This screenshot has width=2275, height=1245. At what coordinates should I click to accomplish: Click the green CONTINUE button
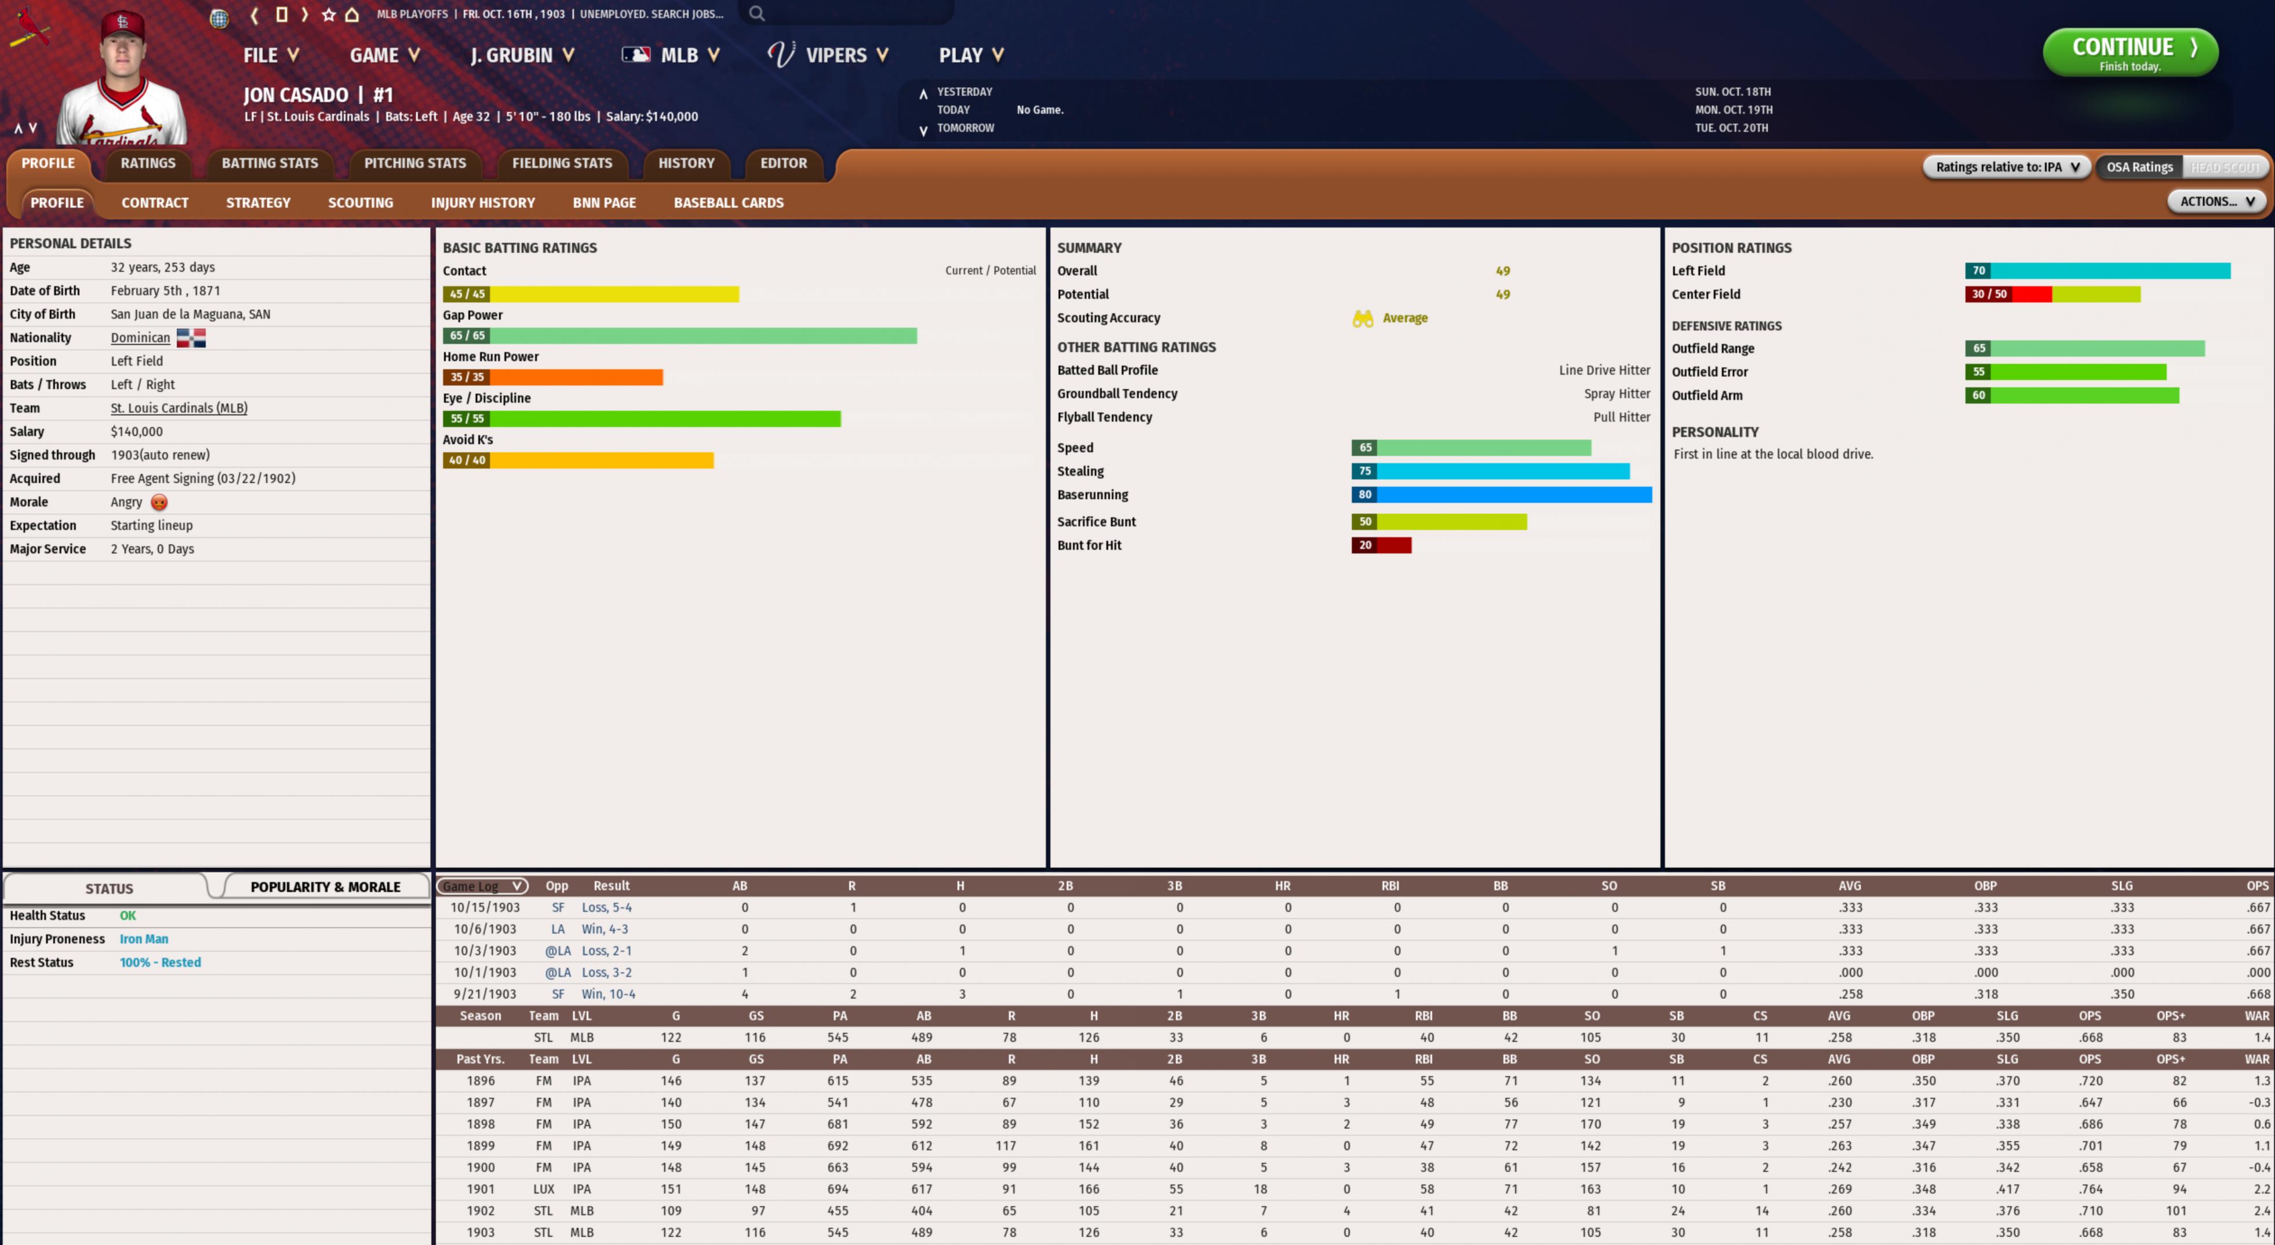point(2130,52)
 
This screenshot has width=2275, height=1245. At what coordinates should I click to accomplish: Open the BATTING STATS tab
point(270,164)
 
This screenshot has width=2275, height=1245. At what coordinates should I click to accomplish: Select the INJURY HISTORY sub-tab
point(482,203)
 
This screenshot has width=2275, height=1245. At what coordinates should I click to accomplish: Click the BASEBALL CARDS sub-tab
point(728,203)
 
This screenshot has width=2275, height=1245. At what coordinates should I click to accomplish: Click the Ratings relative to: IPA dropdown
point(2005,167)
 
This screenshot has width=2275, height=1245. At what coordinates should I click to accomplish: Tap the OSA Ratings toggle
point(2138,167)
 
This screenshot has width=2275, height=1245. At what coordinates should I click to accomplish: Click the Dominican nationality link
point(140,337)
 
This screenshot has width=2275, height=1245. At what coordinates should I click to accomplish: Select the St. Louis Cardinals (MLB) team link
point(179,408)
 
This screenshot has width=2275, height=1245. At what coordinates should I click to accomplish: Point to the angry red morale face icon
point(159,502)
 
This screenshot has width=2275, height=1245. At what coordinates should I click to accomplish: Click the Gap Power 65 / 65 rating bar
point(679,336)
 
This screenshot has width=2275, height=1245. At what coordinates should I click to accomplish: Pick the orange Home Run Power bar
point(553,378)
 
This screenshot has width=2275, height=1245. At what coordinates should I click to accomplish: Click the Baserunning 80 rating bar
point(1501,495)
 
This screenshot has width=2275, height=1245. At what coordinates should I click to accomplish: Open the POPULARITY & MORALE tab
point(325,886)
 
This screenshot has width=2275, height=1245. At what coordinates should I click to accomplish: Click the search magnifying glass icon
point(757,13)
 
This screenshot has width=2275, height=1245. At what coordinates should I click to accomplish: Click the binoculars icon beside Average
point(1363,318)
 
